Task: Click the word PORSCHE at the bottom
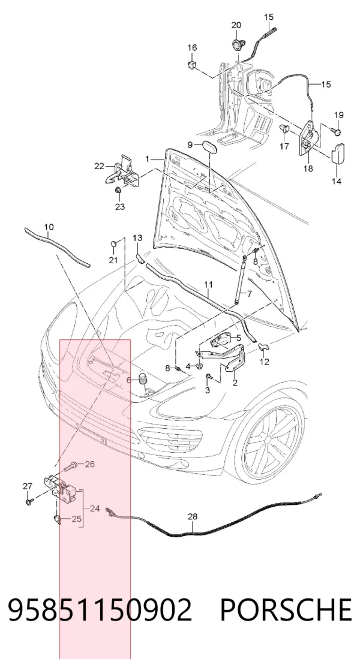coord(286,610)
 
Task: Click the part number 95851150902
coord(100,610)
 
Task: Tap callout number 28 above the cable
coord(192,516)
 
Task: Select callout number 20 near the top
coord(236,25)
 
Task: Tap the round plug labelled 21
coord(113,244)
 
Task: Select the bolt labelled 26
coord(70,466)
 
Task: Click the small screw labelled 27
coord(29,501)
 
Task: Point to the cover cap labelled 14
coord(338,154)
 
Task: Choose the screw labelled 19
coord(337,131)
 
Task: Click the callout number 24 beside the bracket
coord(95,508)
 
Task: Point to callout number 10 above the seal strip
coord(49,227)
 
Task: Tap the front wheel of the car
coord(269,440)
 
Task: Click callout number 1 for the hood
coord(147,159)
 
